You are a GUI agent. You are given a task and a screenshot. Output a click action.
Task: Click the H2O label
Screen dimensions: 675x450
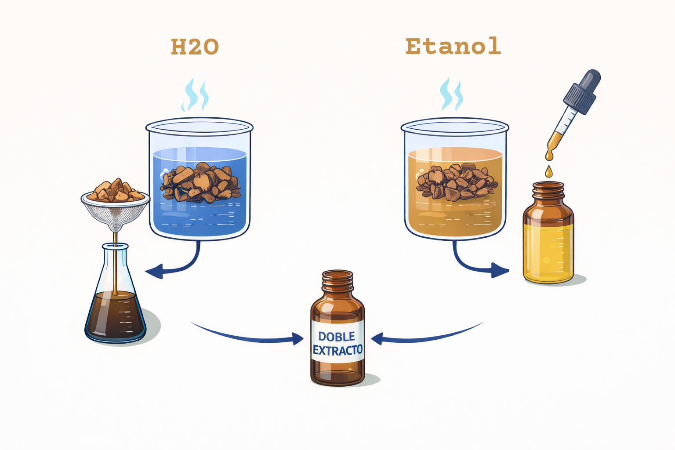pyautogui.click(x=195, y=47)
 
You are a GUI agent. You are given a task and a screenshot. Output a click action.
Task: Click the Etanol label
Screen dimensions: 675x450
pyautogui.click(x=453, y=46)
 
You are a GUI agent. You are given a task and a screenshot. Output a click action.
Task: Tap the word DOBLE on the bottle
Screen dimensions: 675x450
pyautogui.click(x=337, y=336)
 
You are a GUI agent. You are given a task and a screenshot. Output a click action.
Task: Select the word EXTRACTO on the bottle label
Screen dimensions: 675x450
pyautogui.click(x=337, y=350)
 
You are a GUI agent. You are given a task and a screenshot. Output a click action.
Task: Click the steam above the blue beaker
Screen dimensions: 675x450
pyautogui.click(x=195, y=95)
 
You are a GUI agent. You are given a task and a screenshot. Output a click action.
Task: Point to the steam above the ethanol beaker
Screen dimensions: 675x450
pyautogui.click(x=451, y=94)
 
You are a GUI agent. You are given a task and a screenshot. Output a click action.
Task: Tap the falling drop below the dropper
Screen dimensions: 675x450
pyautogui.click(x=549, y=171)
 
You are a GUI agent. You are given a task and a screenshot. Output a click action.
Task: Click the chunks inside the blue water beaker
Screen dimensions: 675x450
pyautogui.click(x=200, y=183)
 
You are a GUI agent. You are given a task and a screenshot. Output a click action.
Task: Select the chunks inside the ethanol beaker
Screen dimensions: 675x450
pyautogui.click(x=456, y=182)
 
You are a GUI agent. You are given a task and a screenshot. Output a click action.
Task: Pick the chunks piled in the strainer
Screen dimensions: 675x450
pyautogui.click(x=116, y=190)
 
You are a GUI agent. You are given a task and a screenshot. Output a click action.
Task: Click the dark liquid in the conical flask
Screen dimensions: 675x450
pyautogui.click(x=116, y=316)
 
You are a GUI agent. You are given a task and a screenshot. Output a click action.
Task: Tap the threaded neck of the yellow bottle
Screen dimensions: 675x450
pyautogui.click(x=548, y=190)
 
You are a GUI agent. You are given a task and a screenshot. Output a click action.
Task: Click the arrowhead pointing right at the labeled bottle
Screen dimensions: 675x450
pyautogui.click(x=298, y=339)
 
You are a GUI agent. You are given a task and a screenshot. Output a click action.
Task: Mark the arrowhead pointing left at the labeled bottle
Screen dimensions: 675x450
pyautogui.click(x=377, y=339)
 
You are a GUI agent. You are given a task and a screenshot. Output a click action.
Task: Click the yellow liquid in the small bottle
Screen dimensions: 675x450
pyautogui.click(x=548, y=253)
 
